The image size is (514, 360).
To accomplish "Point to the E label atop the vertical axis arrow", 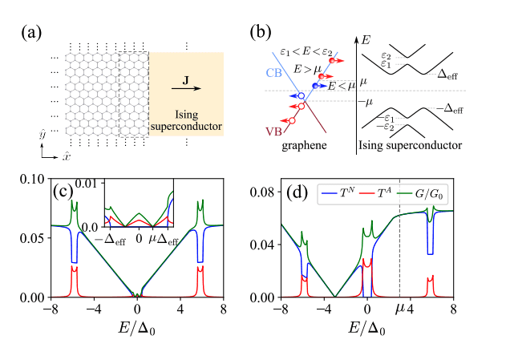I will (x=367, y=38).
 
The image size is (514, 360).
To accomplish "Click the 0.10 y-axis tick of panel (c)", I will (x=35, y=178).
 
